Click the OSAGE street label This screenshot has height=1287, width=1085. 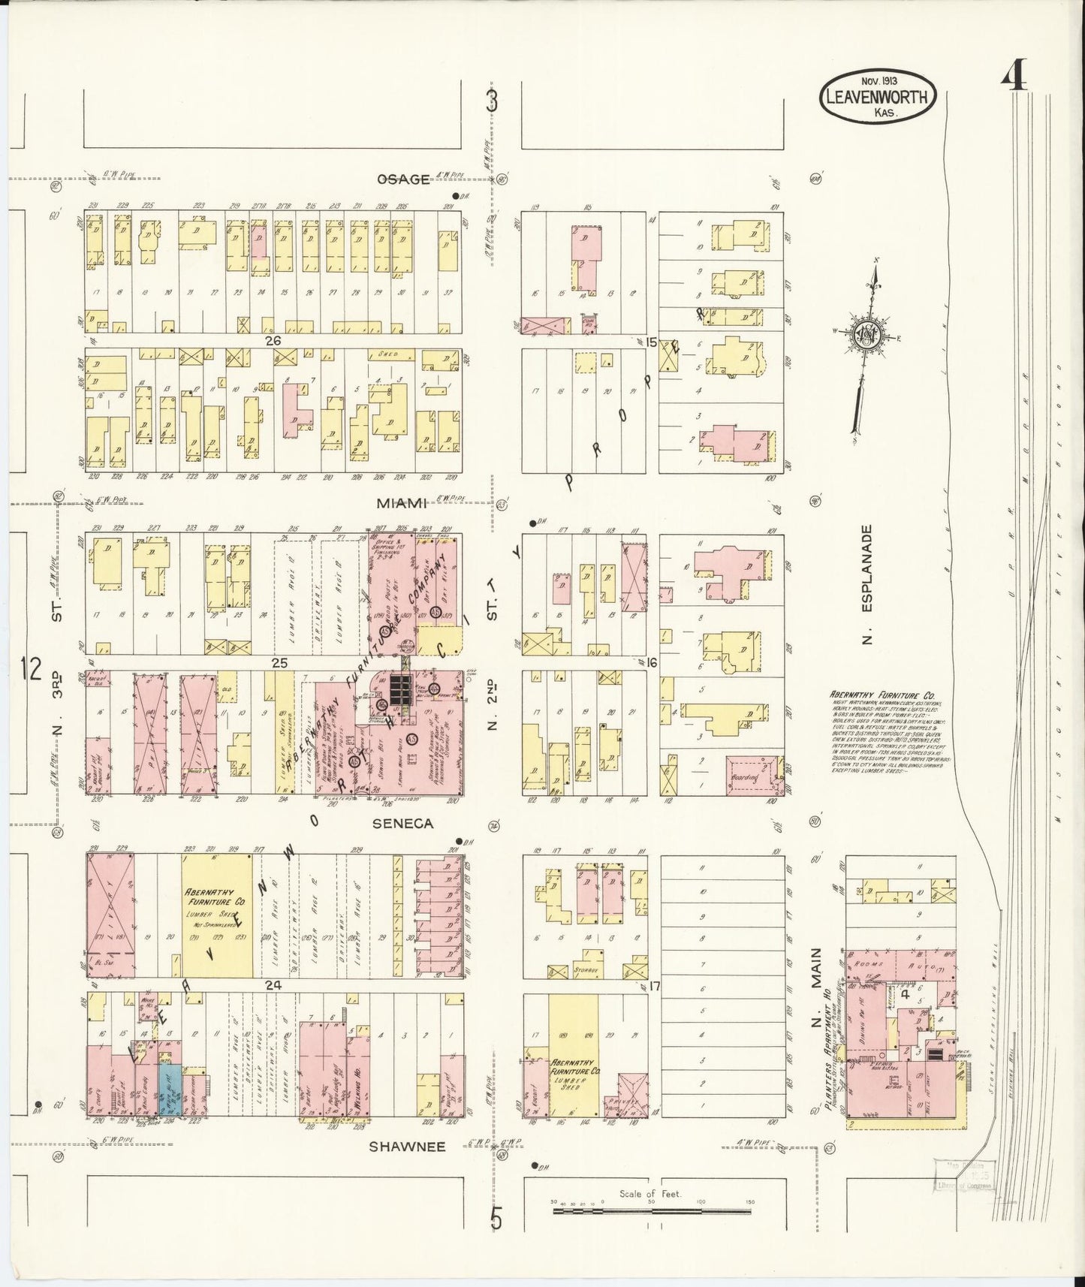[403, 179]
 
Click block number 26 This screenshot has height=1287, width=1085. [273, 341]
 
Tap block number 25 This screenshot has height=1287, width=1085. [279, 663]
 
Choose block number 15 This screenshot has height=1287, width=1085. [651, 342]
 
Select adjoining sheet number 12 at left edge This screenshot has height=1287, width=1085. [31, 668]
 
